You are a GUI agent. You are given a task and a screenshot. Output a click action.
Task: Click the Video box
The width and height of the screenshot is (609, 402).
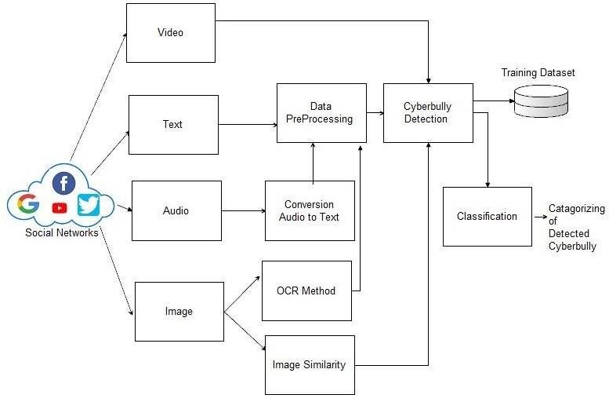pyautogui.click(x=170, y=33)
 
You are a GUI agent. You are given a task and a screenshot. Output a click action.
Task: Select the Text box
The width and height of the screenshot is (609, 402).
pyautogui.click(x=173, y=124)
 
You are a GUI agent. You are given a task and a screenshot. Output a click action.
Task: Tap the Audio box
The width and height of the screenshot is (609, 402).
pyautogui.click(x=176, y=210)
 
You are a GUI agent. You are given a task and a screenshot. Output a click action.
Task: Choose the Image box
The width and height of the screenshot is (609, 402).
pyautogui.click(x=179, y=312)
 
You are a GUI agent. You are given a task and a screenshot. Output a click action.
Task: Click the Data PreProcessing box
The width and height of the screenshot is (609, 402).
pyautogui.click(x=321, y=112)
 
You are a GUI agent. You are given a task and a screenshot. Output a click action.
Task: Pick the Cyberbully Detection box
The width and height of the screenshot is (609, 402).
pyautogui.click(x=428, y=112)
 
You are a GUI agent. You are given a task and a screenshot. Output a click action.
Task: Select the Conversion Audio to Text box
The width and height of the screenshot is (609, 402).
pyautogui.click(x=310, y=210)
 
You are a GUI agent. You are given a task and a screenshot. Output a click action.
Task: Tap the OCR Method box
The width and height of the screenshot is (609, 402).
pyautogui.click(x=306, y=291)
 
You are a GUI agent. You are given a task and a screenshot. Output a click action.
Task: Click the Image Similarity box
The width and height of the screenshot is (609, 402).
pyautogui.click(x=310, y=365)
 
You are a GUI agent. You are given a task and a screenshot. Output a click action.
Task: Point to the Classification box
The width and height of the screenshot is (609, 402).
pyautogui.click(x=487, y=216)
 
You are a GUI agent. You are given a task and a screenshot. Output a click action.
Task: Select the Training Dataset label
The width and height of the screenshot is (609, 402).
pyautogui.click(x=538, y=73)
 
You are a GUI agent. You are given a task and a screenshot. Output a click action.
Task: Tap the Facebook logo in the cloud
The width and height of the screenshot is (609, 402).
pyautogui.click(x=63, y=184)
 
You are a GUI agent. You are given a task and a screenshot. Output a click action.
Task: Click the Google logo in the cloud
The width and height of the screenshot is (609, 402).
pyautogui.click(x=28, y=206)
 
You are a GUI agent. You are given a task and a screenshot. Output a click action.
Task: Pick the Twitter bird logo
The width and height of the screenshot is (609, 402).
pyautogui.click(x=89, y=205)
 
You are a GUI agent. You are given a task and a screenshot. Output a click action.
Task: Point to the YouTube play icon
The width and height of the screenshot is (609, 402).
pyautogui.click(x=60, y=208)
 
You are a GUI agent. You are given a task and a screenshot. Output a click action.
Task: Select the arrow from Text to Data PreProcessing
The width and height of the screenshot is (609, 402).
pyautogui.click(x=247, y=124)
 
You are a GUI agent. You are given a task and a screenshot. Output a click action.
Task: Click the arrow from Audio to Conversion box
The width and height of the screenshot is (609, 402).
pyautogui.click(x=243, y=210)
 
